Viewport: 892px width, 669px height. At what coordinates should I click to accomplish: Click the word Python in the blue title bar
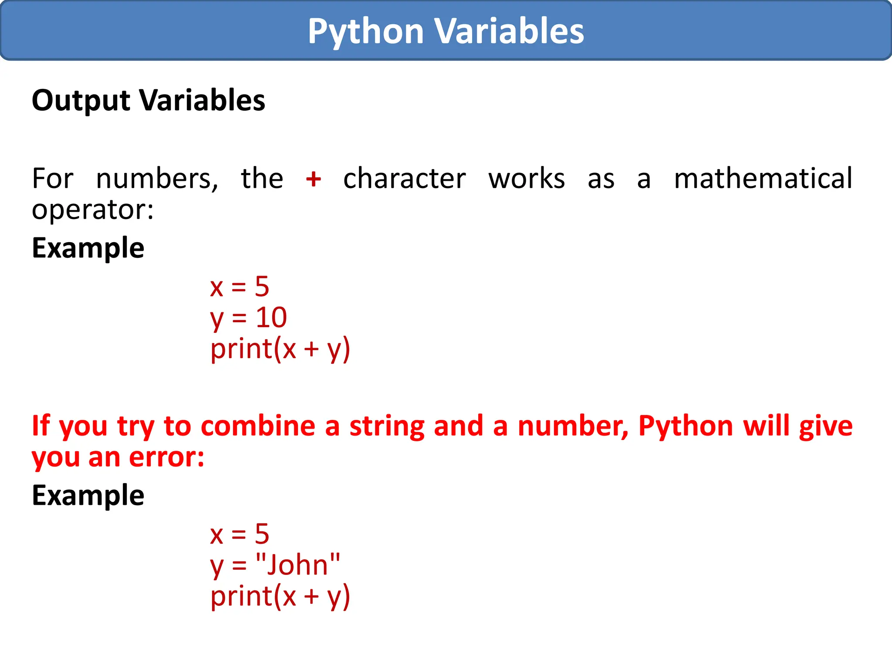[x=365, y=31]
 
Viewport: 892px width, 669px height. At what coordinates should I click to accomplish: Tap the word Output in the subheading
[x=81, y=101]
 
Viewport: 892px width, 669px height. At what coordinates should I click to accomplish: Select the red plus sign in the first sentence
[x=313, y=179]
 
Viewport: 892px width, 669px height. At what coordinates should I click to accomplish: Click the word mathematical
[x=763, y=179]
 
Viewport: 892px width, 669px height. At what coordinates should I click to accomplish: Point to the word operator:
[x=93, y=210]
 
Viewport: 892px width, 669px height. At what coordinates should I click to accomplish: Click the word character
[x=404, y=179]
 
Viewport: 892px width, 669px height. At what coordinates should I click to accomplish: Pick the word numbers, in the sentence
[x=157, y=179]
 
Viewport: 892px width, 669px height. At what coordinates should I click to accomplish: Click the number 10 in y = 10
[x=271, y=317]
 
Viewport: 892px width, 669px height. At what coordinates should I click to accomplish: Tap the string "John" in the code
[x=297, y=565]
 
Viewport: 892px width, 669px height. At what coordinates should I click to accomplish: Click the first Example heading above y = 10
[x=88, y=248]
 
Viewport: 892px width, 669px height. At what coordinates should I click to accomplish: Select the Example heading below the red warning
[x=88, y=496]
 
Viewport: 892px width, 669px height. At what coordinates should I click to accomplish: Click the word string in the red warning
[x=387, y=426]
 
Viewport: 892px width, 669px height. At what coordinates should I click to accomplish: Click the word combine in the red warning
[x=258, y=426]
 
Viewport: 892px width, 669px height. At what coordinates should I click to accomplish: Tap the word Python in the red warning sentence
[x=686, y=426]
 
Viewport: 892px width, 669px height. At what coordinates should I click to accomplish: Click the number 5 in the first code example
[x=262, y=287]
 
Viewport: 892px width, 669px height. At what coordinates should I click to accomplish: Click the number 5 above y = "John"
[x=262, y=534]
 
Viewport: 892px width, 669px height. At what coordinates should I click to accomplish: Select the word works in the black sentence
[x=526, y=179]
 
